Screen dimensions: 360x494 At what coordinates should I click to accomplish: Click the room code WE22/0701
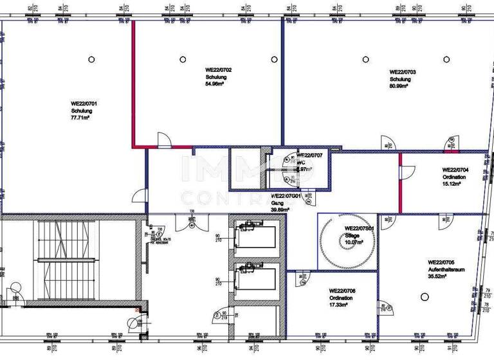click(84, 103)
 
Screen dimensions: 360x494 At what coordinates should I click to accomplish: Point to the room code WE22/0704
click(455, 170)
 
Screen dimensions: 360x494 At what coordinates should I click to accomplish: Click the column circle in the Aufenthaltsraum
click(424, 296)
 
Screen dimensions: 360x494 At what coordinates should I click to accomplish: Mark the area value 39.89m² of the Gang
click(280, 209)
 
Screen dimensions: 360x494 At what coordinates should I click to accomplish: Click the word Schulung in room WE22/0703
click(399, 79)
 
